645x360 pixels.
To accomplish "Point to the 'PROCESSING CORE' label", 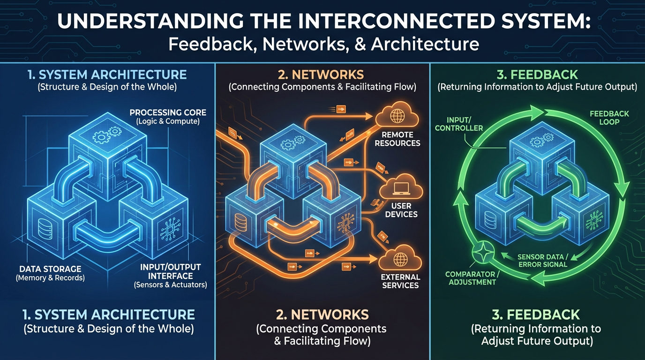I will click(x=168, y=112).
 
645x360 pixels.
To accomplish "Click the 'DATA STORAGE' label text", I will click(x=50, y=269).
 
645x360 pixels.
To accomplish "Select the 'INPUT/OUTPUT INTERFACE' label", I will click(x=170, y=271).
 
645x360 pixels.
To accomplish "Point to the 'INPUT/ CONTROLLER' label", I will click(x=452, y=124).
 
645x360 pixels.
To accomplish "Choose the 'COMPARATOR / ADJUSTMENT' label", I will click(x=470, y=277).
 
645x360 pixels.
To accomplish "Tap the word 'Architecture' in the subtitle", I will click(x=425, y=44).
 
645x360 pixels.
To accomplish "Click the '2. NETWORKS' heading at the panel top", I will click(x=322, y=75).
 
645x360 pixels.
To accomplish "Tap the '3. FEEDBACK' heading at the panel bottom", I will click(x=537, y=314).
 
